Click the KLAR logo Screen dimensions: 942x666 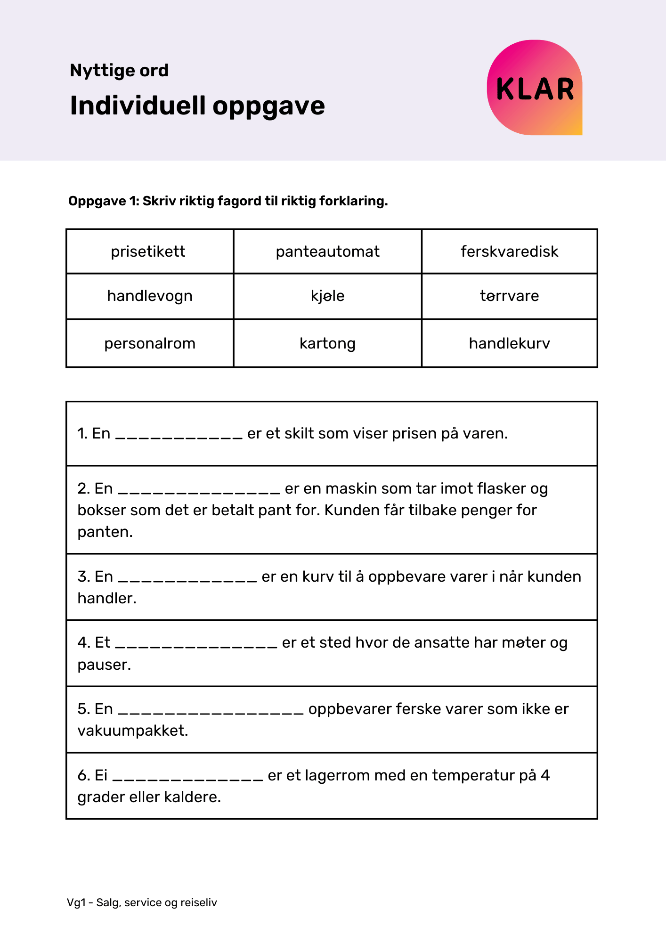535,88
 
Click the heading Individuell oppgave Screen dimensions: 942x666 197,106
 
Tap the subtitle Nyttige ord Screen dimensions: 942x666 119,71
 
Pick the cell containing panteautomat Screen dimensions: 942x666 327,252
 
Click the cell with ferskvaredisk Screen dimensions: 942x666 509,252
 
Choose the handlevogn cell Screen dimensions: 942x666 150,296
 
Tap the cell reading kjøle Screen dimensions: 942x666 327,296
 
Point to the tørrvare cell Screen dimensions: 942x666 509,296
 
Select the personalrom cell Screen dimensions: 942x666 150,343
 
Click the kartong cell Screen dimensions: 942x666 327,343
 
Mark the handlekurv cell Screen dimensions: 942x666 509,343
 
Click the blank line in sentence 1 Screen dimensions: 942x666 179,435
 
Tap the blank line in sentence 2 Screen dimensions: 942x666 199,490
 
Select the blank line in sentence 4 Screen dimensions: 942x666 196,644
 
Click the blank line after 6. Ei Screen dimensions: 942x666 188,777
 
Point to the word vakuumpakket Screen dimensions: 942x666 132,731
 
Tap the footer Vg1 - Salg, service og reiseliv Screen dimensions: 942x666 142,902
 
